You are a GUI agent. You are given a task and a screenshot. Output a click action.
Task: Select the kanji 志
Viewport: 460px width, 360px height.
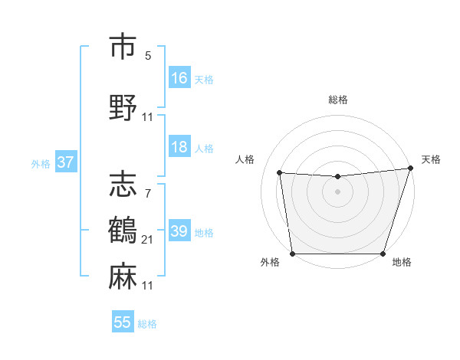(123, 185)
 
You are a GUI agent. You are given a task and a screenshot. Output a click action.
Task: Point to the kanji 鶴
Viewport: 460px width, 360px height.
(123, 231)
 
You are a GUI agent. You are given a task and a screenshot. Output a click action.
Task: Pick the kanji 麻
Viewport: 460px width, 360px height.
(123, 276)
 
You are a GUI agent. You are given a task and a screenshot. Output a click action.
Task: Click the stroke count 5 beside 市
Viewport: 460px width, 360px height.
(147, 56)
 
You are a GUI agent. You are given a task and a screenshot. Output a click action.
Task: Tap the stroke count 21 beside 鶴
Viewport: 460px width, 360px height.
(148, 241)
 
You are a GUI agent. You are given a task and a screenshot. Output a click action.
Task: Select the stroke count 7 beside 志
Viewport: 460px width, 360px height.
(147, 195)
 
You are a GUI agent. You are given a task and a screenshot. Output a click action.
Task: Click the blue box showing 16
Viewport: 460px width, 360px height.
(179, 78)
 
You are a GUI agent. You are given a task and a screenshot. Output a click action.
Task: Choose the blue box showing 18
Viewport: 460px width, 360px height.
(179, 147)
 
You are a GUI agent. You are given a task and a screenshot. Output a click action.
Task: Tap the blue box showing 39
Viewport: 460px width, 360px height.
(179, 231)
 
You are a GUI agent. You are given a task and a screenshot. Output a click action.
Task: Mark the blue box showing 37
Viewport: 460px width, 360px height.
(66, 162)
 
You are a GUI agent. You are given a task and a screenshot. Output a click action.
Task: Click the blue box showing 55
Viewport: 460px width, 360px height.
(123, 322)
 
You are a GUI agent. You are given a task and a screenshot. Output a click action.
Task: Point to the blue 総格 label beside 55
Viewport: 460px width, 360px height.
(147, 324)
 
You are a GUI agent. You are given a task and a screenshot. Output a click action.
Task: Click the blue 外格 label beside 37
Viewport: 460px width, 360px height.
(41, 163)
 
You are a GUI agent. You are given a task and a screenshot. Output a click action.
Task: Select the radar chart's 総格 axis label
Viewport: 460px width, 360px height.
(337, 100)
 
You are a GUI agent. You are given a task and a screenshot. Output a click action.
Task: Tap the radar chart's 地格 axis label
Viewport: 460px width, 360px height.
(402, 263)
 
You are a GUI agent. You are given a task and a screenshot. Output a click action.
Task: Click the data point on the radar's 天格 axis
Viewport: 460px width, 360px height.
(410, 169)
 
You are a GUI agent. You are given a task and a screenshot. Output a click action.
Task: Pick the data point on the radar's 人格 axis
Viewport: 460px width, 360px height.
(280, 173)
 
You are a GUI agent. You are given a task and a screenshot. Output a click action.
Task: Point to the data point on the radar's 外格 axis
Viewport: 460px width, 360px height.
(292, 254)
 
